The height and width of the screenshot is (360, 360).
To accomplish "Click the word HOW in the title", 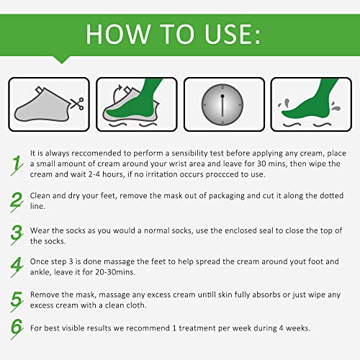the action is [x=118, y=34].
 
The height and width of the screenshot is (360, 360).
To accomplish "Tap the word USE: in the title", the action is [x=232, y=34].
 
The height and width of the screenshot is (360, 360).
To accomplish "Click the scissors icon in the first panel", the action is [x=77, y=104].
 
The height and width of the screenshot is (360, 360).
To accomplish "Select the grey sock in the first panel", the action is [x=42, y=105].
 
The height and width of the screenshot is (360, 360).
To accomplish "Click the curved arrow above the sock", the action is [x=117, y=94].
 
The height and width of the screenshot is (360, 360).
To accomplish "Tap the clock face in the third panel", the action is [x=222, y=104].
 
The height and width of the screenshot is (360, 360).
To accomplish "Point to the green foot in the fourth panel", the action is [x=310, y=101].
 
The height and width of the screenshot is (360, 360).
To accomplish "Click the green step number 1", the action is [x=17, y=165].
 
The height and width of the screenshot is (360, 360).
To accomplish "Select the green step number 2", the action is [x=17, y=202].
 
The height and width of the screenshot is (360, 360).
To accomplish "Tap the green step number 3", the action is [x=17, y=235].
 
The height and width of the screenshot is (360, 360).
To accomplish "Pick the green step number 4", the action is [x=17, y=267].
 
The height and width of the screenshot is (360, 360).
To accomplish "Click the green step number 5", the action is [x=17, y=302].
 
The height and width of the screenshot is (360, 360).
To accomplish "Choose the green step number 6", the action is [x=17, y=329].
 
